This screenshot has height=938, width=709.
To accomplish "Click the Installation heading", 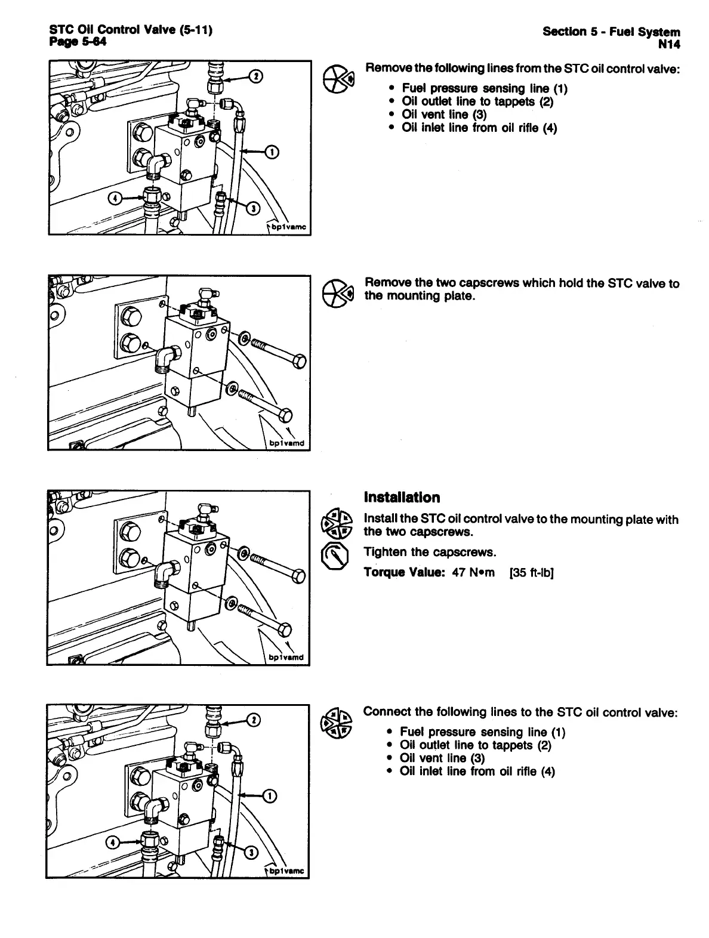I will pyautogui.click(x=402, y=497).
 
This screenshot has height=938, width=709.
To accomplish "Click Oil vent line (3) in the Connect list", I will pyautogui.click(x=442, y=758).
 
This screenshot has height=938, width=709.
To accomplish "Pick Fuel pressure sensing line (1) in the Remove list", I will pyautogui.click(x=485, y=88).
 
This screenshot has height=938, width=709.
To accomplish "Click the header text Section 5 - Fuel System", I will pyautogui.click(x=611, y=32).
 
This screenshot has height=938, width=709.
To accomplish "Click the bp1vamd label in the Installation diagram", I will pyautogui.click(x=286, y=658).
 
